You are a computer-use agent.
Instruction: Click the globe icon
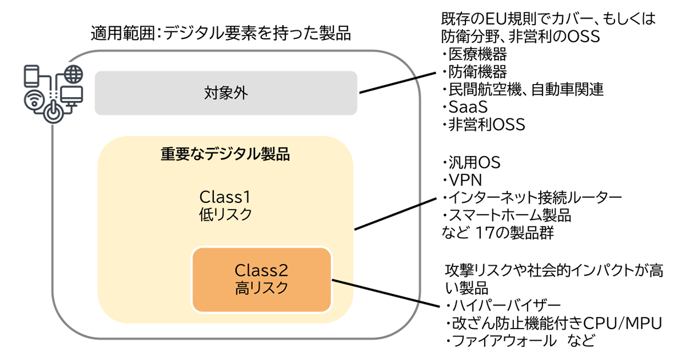coord(73,74)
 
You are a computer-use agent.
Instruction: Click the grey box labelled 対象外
coord(226,93)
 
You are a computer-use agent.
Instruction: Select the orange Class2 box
coord(262,279)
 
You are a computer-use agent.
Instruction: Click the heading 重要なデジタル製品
coord(225,154)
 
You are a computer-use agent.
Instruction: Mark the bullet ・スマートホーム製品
coord(506,215)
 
